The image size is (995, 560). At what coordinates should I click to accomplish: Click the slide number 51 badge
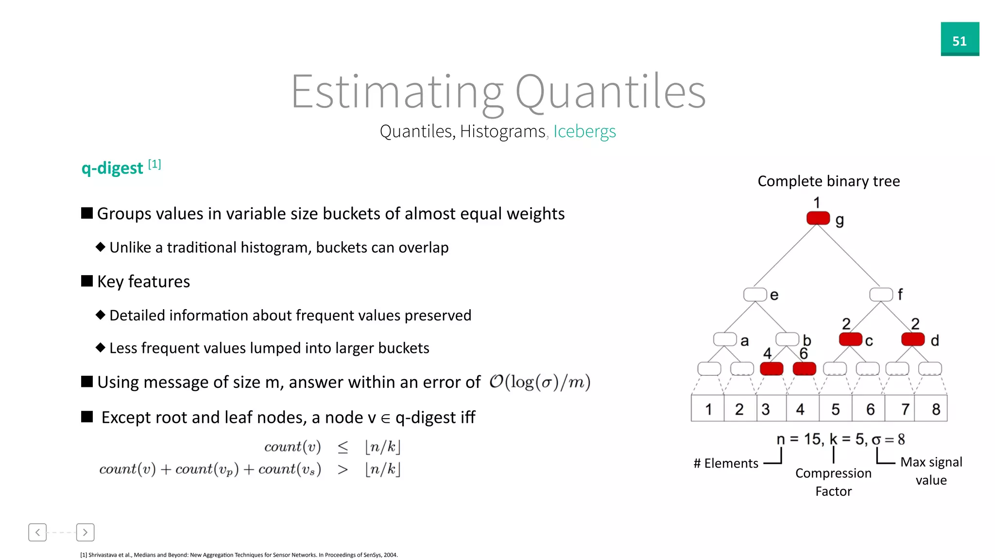coord(960,39)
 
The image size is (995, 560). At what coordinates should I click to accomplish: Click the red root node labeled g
coord(818,218)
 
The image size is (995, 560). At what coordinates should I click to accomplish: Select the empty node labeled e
coord(755,295)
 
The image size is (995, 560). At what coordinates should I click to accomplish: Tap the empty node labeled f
coord(881,295)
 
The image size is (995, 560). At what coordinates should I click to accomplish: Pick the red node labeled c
coord(850,339)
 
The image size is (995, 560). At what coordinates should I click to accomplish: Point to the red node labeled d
coord(912,339)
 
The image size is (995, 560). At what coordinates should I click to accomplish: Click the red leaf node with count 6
coord(804,369)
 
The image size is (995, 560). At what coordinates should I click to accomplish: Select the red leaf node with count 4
coord(772,369)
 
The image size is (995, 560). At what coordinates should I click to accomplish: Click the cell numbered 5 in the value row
coord(835,409)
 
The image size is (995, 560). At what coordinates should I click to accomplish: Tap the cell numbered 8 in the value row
coord(936,409)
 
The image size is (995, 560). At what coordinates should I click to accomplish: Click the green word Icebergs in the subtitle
coord(584,131)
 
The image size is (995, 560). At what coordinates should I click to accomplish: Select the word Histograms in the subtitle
coord(502,131)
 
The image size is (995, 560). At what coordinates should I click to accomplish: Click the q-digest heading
coord(112,168)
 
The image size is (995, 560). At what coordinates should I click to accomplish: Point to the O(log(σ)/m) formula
coord(539,382)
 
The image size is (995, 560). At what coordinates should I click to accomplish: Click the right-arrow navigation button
coord(85,532)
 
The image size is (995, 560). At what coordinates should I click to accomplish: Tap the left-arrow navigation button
coord(37,532)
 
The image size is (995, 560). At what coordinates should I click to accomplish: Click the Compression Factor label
coord(833,482)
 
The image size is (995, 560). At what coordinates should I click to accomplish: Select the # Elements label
coord(726,463)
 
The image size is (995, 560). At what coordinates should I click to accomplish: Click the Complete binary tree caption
coord(828,181)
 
